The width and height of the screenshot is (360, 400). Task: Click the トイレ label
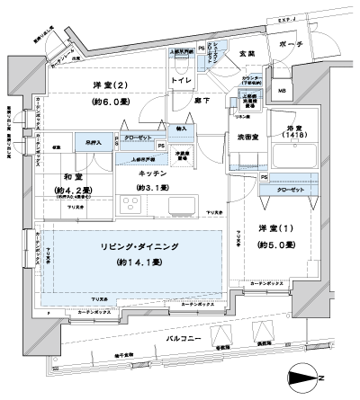coord(182,80)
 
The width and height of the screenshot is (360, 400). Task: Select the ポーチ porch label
coord(302,45)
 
